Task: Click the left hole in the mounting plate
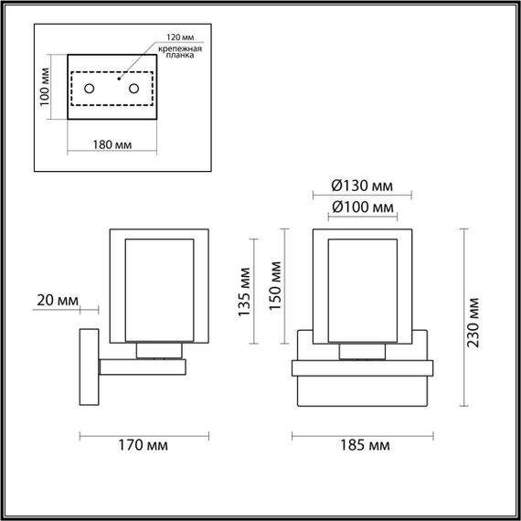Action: pos(90,89)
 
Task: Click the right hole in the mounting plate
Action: pos(134,89)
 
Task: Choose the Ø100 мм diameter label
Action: pos(363,208)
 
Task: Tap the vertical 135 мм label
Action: pos(244,292)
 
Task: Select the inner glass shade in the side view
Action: pos(161,288)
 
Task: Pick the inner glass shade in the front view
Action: pos(362,288)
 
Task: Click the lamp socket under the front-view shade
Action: pos(362,352)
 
